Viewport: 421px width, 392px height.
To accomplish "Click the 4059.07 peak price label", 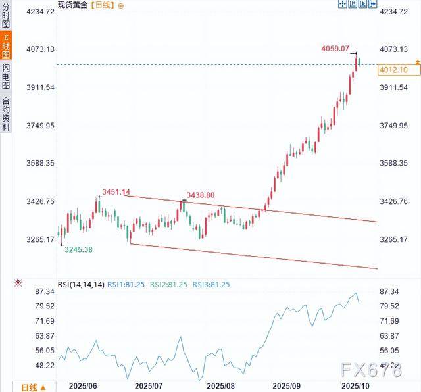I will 335,49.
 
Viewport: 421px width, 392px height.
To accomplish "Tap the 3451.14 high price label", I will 116,192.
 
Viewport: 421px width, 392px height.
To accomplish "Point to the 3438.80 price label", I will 201,195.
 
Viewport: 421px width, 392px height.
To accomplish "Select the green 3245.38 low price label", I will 78,250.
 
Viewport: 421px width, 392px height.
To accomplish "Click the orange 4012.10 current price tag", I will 393,70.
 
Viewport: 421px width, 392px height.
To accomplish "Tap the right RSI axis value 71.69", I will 394,321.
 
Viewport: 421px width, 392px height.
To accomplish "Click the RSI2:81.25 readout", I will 168,284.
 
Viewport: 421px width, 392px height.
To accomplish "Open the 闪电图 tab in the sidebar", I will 5,77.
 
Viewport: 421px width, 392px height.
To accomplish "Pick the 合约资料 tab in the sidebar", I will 5,114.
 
